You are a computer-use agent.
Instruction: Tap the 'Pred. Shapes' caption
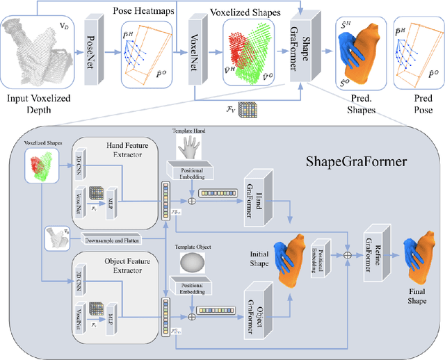point(357,104)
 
